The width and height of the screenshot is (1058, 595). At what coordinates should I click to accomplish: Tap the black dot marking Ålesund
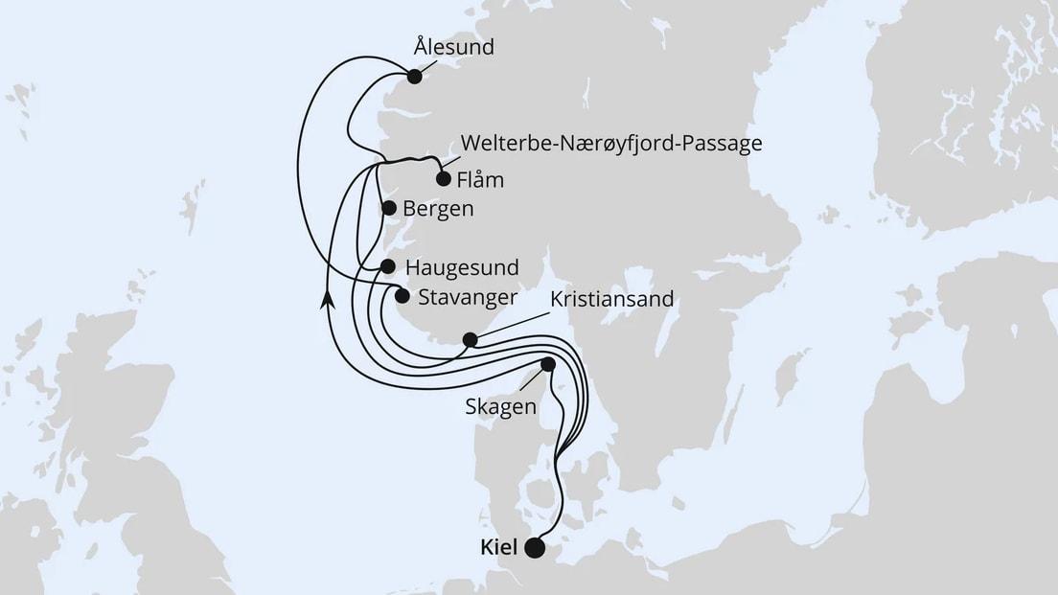(414, 77)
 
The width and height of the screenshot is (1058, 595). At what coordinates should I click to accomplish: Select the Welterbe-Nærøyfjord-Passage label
(611, 145)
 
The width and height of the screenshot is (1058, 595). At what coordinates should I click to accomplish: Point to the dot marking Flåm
(444, 178)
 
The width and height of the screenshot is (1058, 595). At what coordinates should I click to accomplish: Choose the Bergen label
(439, 208)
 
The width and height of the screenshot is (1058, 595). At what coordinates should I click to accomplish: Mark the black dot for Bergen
(388, 208)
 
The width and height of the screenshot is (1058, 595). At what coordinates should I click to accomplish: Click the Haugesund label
(462, 266)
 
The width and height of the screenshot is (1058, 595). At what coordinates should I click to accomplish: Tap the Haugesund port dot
(387, 266)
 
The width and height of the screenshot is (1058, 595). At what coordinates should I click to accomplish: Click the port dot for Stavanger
(402, 296)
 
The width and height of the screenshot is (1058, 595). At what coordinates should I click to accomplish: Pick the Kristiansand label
(612, 299)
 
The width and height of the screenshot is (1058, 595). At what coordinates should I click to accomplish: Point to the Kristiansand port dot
(470, 339)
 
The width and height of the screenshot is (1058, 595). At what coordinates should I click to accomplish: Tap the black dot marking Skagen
(548, 364)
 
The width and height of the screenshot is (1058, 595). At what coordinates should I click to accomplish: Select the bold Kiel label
(495, 548)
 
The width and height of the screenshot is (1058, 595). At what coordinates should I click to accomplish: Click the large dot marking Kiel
(534, 548)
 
